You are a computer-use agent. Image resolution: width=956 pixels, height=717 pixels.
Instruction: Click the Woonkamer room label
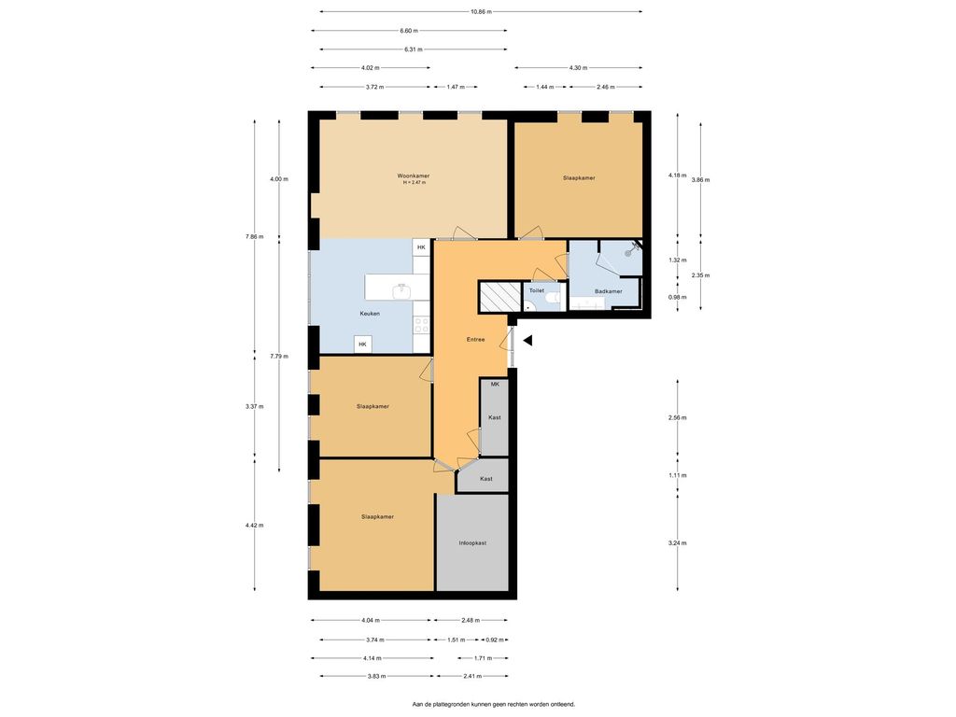[x=414, y=176]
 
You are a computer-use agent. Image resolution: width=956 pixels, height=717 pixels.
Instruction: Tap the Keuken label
[x=370, y=314]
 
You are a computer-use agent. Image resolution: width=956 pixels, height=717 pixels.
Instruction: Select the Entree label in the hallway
[x=475, y=339]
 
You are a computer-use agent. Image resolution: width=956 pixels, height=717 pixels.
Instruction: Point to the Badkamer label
[x=609, y=291]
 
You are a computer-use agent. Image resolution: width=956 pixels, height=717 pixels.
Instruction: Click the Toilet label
[x=537, y=291]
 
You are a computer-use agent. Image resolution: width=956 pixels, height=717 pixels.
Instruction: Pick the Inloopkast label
[x=472, y=542]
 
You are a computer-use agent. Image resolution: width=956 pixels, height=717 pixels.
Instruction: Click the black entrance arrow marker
[x=527, y=341]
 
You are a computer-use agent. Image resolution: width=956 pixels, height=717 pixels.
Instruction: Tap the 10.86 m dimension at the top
[x=481, y=11]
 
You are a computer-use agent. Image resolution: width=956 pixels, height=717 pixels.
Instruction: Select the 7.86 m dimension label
[x=254, y=236]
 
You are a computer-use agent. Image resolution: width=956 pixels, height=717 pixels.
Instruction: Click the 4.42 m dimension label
[x=254, y=525]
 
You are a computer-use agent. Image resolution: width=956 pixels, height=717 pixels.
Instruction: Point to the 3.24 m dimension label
[x=678, y=542]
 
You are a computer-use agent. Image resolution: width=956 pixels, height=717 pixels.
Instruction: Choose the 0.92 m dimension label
[x=495, y=640]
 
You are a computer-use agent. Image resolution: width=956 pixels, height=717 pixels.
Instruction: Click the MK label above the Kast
[x=495, y=384]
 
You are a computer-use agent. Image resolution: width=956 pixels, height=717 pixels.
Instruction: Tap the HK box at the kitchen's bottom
[x=363, y=344]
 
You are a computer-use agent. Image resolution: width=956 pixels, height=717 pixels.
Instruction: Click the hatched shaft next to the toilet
[x=500, y=297]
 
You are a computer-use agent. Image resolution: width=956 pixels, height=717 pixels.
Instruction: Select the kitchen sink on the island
[x=402, y=291]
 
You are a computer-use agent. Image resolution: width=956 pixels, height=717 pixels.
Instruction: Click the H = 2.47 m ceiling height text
[x=414, y=182]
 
